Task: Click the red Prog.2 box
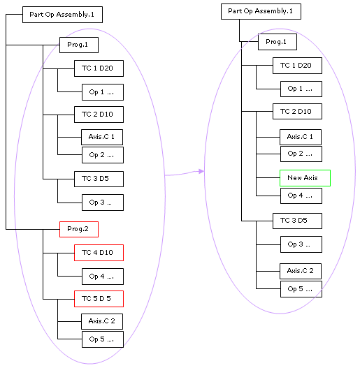click(x=79, y=229)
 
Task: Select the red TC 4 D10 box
click(x=99, y=253)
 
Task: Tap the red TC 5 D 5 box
click(x=99, y=299)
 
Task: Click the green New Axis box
click(x=305, y=178)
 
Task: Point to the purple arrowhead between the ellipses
click(x=201, y=171)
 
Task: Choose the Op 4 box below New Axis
click(x=301, y=196)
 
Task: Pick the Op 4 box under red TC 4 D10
click(x=103, y=277)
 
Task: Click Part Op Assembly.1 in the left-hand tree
click(x=62, y=15)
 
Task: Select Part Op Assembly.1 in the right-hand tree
click(x=261, y=11)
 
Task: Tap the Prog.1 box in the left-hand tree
click(x=79, y=45)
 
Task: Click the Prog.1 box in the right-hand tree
click(x=278, y=42)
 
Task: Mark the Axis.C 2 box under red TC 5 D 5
click(x=102, y=321)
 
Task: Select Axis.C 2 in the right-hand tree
click(x=301, y=271)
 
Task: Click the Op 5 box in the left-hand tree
click(x=103, y=339)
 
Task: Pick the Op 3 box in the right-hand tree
click(x=301, y=244)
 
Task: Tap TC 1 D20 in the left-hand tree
click(x=99, y=68)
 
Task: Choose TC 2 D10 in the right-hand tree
click(x=297, y=112)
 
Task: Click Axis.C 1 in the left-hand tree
click(x=102, y=137)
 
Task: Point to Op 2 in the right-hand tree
click(x=301, y=154)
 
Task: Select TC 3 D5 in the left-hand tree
click(x=99, y=179)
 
